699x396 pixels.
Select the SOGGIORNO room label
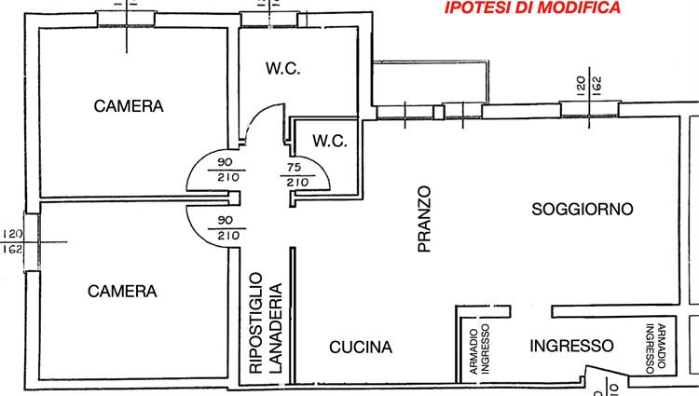[x=582, y=209]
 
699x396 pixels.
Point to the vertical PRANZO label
[x=425, y=220]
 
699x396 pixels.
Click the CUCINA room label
[x=361, y=348]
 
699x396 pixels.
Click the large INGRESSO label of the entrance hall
[x=571, y=346]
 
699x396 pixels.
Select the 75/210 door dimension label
[x=297, y=175]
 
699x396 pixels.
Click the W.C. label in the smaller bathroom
[x=329, y=142]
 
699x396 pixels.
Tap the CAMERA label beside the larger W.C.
[x=129, y=106]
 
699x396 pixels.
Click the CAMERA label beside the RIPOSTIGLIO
[x=122, y=291]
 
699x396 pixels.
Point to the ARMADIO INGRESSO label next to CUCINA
[x=480, y=351]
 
